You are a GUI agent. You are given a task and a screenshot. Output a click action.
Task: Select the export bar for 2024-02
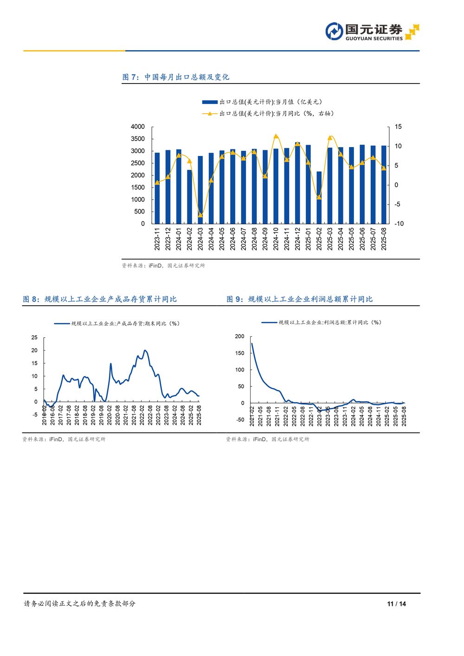click(x=189, y=197)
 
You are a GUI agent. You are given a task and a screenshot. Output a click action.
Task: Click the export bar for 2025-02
click(x=319, y=198)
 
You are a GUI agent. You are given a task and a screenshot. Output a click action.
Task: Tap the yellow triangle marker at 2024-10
click(x=276, y=136)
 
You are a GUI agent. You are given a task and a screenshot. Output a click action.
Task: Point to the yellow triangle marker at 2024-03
click(x=200, y=215)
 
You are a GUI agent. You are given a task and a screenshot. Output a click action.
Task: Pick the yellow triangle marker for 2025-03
click(x=330, y=137)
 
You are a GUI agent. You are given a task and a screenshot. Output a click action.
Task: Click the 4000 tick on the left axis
click(x=138, y=127)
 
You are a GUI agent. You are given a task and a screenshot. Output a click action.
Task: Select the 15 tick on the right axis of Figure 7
click(x=398, y=127)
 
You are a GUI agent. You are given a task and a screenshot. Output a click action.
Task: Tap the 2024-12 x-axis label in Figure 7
click(x=297, y=239)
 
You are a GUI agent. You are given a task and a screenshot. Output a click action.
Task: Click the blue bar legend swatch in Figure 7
click(x=210, y=102)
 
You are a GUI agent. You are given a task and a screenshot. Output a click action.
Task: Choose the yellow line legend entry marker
click(x=210, y=114)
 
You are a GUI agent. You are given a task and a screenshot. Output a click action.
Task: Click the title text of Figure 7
click(x=176, y=77)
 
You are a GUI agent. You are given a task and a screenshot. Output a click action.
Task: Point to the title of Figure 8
click(x=100, y=299)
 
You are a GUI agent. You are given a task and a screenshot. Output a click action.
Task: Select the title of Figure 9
click(x=300, y=299)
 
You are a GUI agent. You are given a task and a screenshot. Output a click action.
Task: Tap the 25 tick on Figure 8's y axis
click(x=34, y=338)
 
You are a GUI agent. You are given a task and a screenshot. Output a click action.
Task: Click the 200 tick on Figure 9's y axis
click(x=239, y=336)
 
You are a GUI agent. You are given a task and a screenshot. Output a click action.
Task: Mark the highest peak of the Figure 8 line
click(x=145, y=351)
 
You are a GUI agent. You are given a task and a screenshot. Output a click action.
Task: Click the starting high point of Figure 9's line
click(x=251, y=343)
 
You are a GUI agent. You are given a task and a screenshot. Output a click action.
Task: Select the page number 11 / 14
click(x=396, y=604)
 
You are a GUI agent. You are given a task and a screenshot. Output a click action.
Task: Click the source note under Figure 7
click(x=163, y=266)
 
